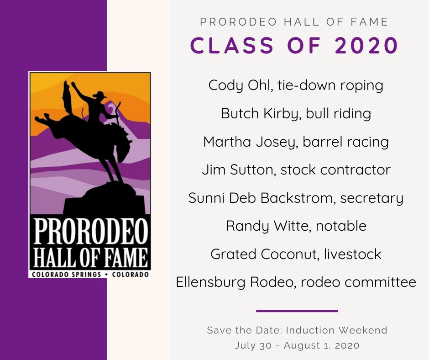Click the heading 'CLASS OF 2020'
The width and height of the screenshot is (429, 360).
click(295, 47)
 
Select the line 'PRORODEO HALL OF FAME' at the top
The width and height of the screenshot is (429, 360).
click(295, 21)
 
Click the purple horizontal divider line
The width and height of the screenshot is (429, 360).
click(297, 311)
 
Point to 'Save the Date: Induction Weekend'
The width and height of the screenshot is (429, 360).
click(297, 330)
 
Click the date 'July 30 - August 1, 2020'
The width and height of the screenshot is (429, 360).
click(297, 345)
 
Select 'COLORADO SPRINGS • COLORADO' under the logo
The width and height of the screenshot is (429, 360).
click(90, 274)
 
